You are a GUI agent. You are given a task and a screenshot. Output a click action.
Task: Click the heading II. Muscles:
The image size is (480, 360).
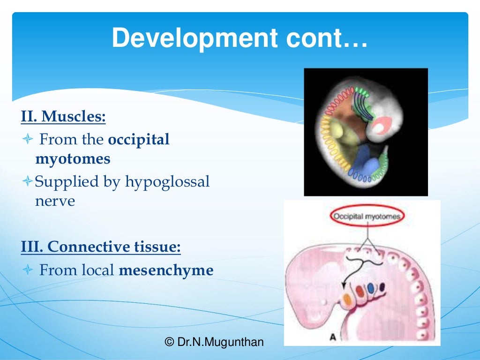point(63,116)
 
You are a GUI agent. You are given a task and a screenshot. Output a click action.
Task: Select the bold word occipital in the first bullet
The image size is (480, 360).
point(139,140)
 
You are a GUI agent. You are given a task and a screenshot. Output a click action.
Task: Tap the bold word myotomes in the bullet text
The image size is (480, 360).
point(73,159)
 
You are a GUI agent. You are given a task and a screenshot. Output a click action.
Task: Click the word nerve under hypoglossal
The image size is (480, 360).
point(55,201)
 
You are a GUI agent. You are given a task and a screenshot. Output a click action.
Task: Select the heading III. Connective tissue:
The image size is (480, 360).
point(101,247)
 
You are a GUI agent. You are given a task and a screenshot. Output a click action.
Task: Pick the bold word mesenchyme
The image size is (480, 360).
point(166,270)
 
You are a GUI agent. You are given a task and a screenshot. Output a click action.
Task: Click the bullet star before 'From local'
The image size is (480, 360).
point(27,270)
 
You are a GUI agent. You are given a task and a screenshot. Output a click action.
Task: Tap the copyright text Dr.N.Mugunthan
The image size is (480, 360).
point(214,342)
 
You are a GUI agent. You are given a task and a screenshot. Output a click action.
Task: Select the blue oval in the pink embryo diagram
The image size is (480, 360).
point(371,289)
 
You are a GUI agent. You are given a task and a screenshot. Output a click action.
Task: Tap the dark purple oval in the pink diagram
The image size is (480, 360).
point(382,286)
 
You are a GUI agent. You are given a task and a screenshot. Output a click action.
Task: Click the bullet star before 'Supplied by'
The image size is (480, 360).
point(27,181)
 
